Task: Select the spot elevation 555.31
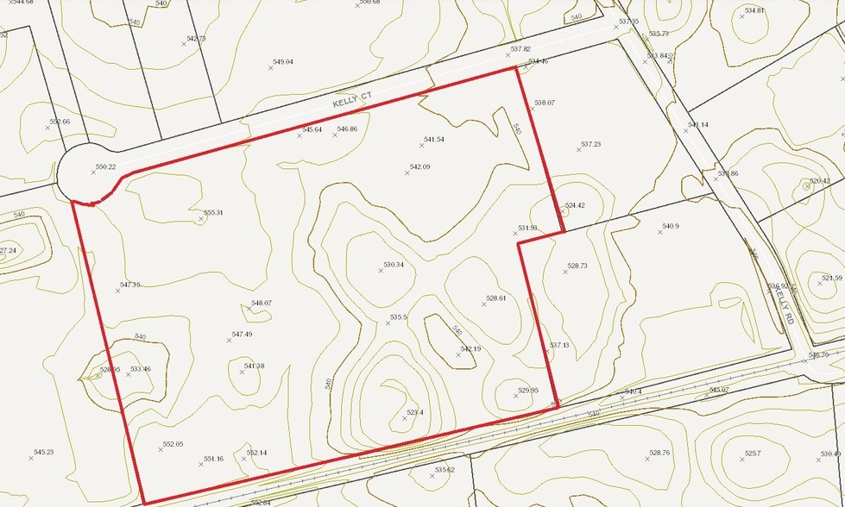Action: pos(213,213)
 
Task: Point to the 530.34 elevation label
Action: pos(394,265)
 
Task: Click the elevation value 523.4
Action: pos(415,413)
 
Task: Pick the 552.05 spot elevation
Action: pos(173,444)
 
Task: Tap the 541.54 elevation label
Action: pos(433,140)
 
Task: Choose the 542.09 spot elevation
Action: pos(419,167)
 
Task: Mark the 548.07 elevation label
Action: pos(262,304)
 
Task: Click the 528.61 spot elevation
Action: pos(495,298)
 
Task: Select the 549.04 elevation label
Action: pos(283,62)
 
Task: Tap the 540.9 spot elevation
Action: pos(671,227)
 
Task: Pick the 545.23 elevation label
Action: pos(43,453)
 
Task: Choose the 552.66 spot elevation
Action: pos(60,122)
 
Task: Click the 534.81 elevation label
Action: pos(754,10)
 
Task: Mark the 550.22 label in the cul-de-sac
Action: pos(105,167)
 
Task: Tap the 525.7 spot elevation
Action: pos(753,453)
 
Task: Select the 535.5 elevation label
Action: pos(398,317)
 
